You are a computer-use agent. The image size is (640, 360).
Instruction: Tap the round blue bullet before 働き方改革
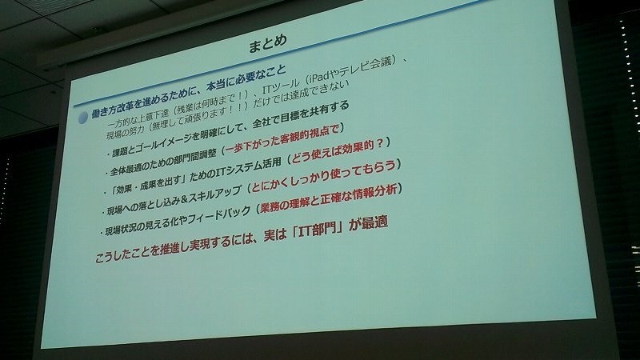[83, 118]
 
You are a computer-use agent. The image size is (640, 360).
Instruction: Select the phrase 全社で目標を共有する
[301, 116]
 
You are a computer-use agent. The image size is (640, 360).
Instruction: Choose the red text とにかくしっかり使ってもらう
[324, 175]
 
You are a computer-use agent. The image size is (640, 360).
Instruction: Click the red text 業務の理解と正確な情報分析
[328, 198]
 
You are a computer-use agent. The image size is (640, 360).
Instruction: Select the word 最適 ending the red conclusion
[374, 223]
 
